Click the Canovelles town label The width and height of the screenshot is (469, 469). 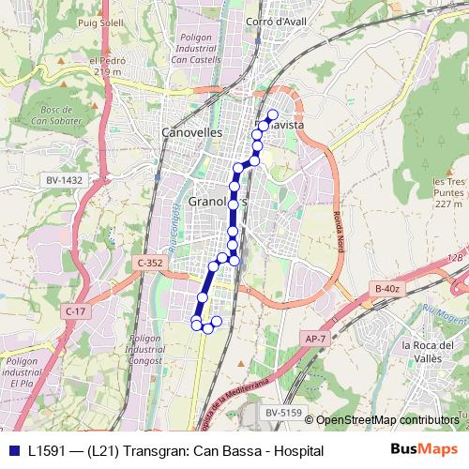(192, 132)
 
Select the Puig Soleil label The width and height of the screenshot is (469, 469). (101, 21)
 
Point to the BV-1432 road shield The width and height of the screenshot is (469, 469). (64, 179)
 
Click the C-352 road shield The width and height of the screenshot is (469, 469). (149, 264)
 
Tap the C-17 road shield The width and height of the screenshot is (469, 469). (76, 310)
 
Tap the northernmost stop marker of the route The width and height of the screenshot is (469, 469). (273, 115)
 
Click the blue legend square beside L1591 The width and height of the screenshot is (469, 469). (11, 451)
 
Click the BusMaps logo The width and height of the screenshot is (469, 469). (429, 451)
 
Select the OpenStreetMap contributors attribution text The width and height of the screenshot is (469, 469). (387, 419)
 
